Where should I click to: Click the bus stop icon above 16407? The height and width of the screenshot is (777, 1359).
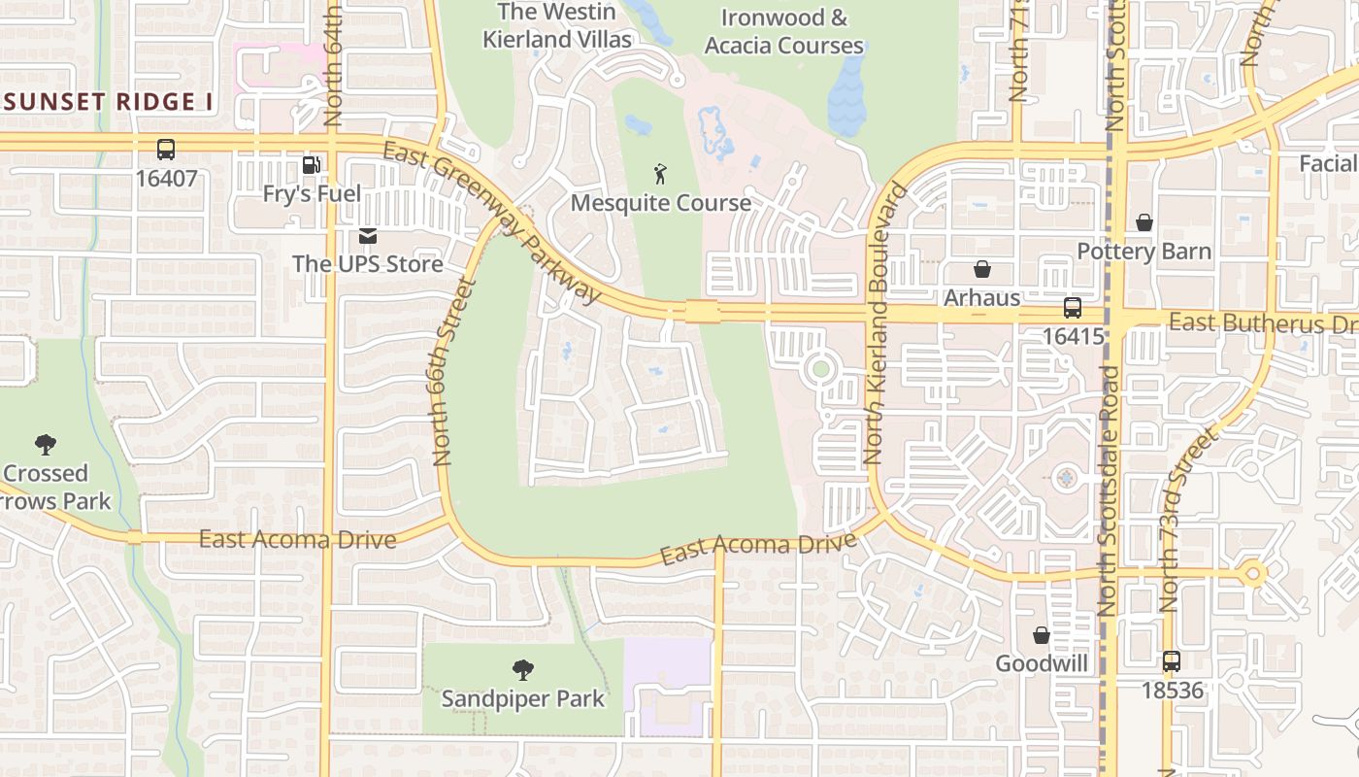point(166,150)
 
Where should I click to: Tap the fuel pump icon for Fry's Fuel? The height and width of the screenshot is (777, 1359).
point(311,165)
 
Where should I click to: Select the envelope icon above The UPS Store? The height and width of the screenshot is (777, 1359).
point(368,235)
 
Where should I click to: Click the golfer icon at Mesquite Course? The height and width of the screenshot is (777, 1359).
point(661,175)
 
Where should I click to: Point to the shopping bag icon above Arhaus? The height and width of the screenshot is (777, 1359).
point(982,269)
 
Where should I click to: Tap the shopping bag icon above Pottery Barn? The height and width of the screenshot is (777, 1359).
point(1144,223)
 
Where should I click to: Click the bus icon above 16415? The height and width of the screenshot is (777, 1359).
point(1073,308)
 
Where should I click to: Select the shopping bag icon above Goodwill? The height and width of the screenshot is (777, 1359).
point(1042,635)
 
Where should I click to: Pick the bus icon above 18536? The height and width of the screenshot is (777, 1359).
point(1172,662)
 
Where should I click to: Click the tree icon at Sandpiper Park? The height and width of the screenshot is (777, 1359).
point(523,669)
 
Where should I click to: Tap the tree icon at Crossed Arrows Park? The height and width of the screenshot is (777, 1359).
point(45,445)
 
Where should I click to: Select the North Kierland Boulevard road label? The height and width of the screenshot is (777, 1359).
point(885,323)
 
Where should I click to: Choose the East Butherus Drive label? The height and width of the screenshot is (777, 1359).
point(1262,323)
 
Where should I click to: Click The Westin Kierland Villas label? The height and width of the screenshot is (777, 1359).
point(557,25)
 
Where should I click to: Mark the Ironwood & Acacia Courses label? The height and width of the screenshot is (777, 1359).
point(784,31)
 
